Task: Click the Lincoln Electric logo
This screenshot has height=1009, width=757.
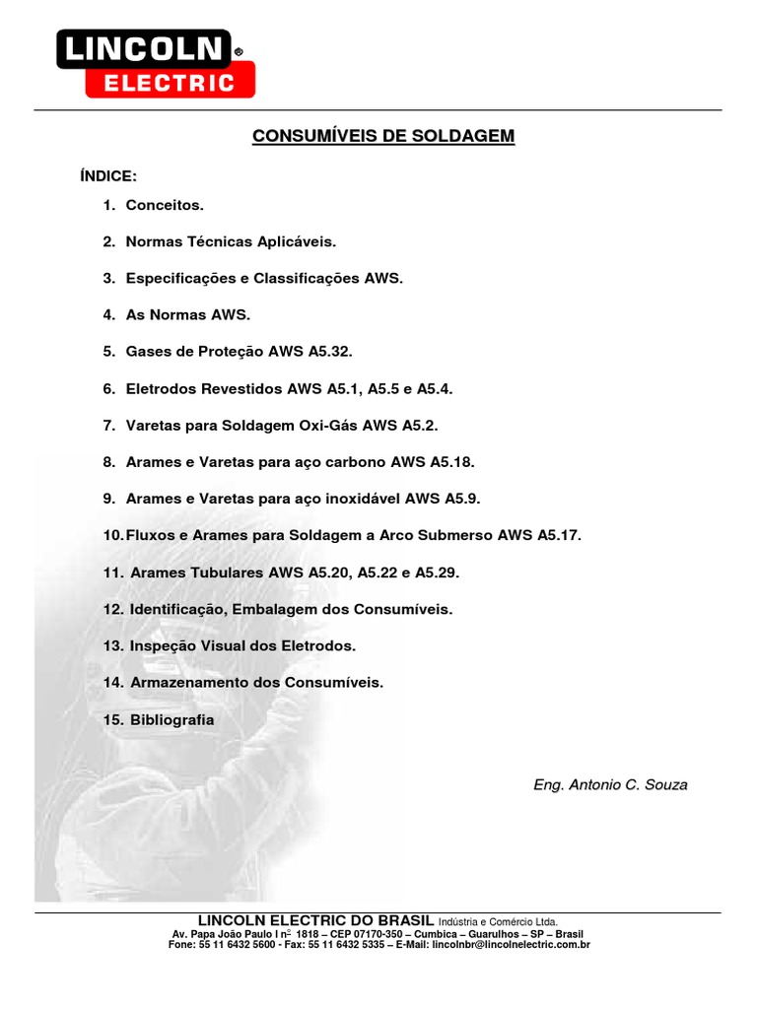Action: [x=155, y=63]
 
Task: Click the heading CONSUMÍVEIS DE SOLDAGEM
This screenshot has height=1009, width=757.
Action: [x=383, y=135]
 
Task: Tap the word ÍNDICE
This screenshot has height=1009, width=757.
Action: [x=107, y=176]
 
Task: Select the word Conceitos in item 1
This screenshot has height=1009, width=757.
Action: [x=165, y=206]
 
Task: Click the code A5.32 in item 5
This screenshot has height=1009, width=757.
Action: [x=328, y=352]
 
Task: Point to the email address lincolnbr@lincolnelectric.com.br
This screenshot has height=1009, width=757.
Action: [x=512, y=945]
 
